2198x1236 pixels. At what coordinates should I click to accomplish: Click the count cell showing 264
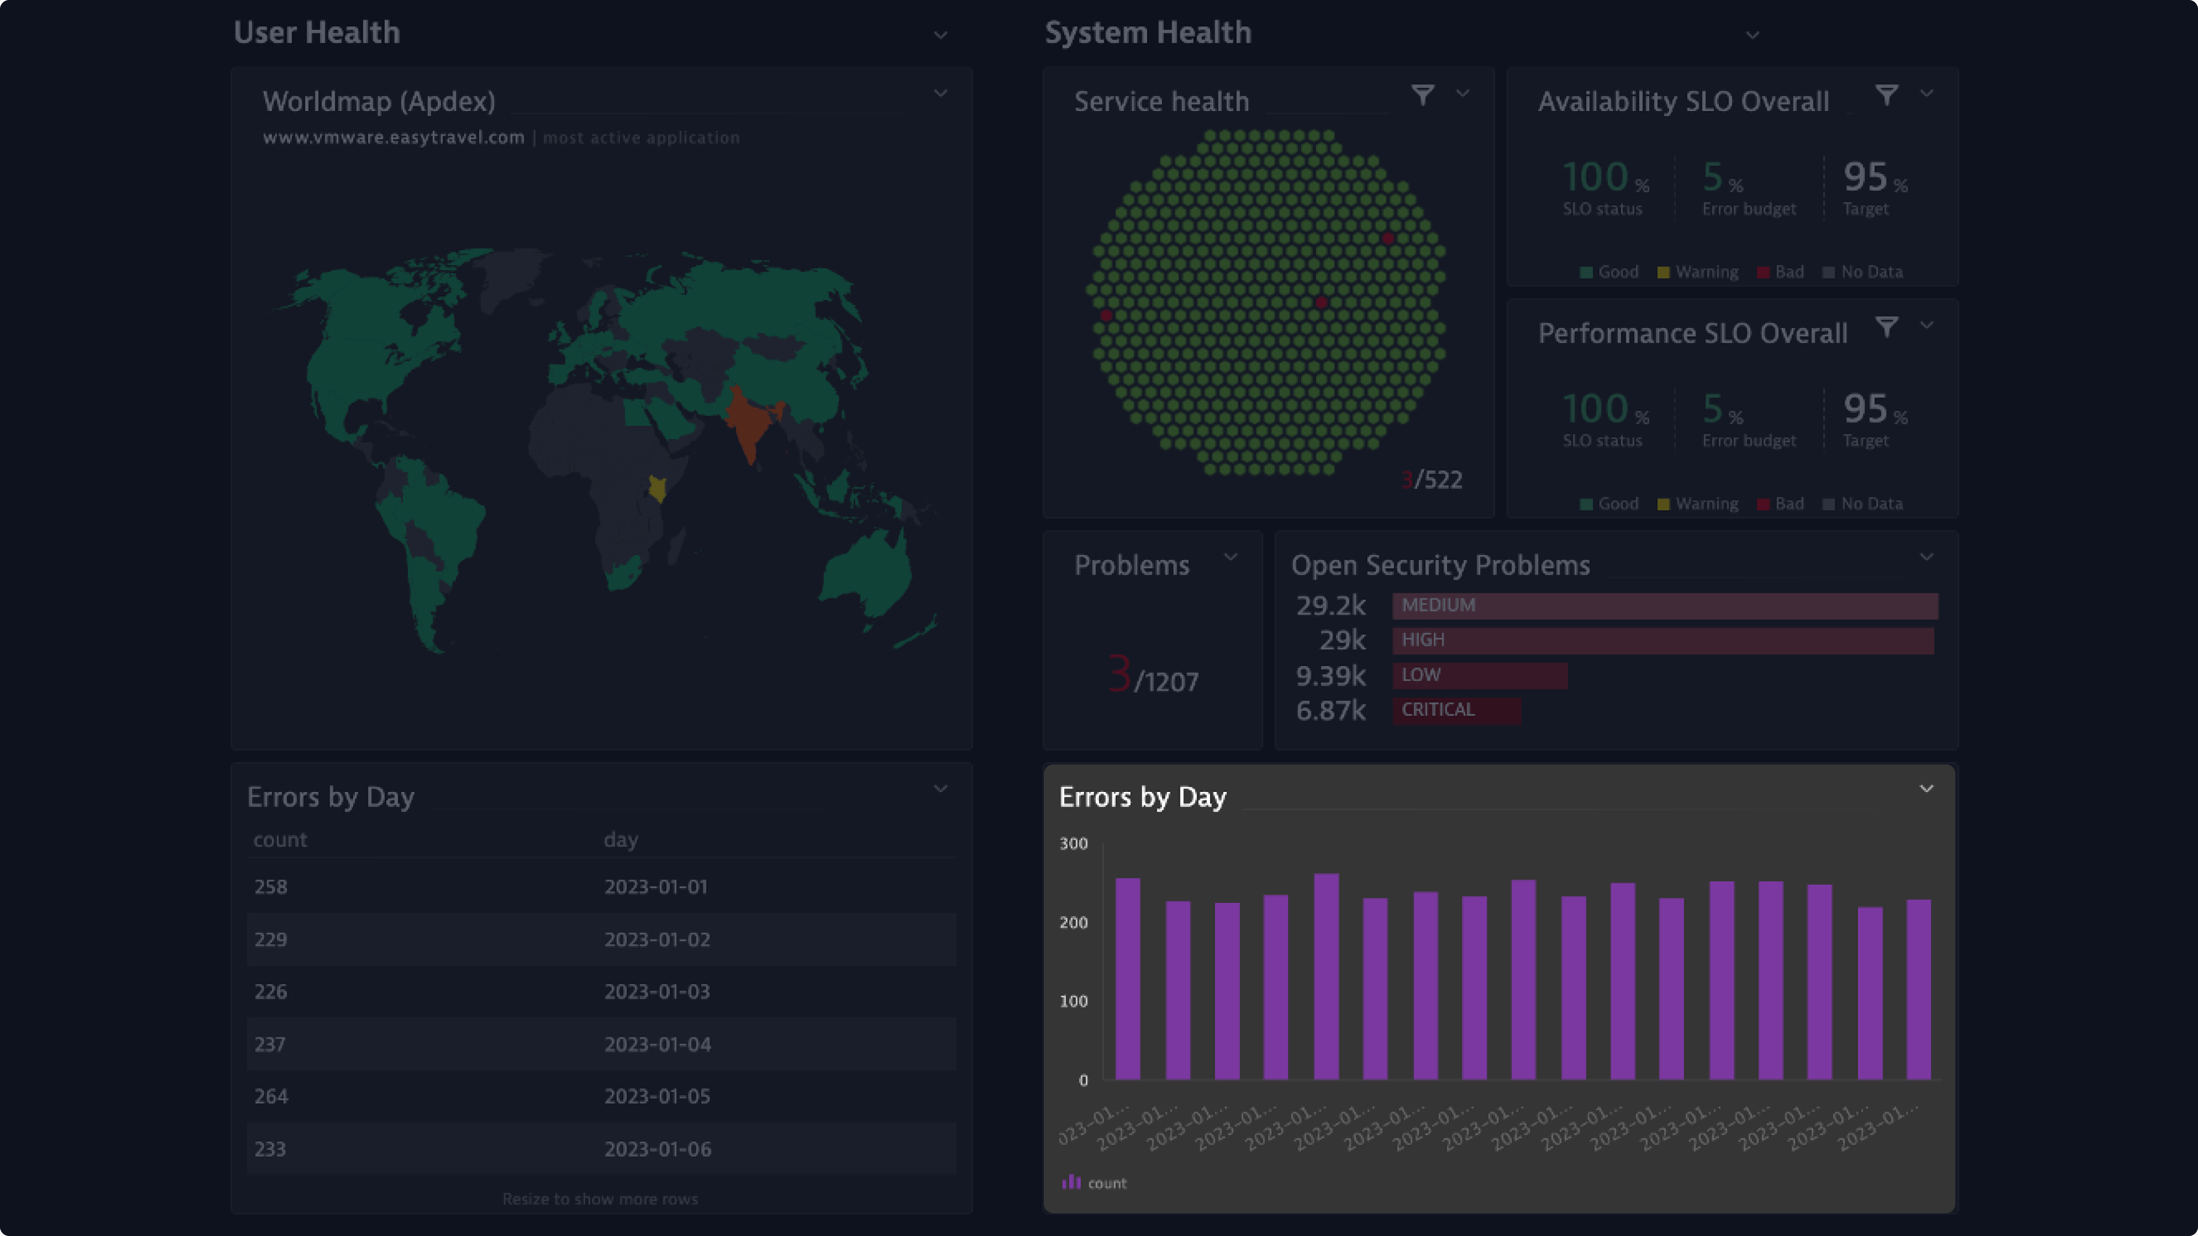coord(271,1096)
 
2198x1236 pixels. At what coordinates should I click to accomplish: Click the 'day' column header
coord(620,839)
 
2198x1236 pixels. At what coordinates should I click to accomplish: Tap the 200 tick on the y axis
coord(1073,922)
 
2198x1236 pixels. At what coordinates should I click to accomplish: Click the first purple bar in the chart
coord(1127,978)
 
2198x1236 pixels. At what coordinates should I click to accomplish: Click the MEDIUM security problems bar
coord(1665,605)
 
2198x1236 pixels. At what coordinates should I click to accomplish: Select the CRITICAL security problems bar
coord(1456,710)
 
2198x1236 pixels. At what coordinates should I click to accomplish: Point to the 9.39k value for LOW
coord(1330,676)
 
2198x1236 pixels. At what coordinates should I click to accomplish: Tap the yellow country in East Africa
coord(657,489)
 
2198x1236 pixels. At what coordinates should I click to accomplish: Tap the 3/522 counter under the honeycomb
coord(1433,480)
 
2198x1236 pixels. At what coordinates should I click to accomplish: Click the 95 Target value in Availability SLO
coord(1865,177)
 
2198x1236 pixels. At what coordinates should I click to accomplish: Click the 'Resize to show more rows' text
coord(600,1198)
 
